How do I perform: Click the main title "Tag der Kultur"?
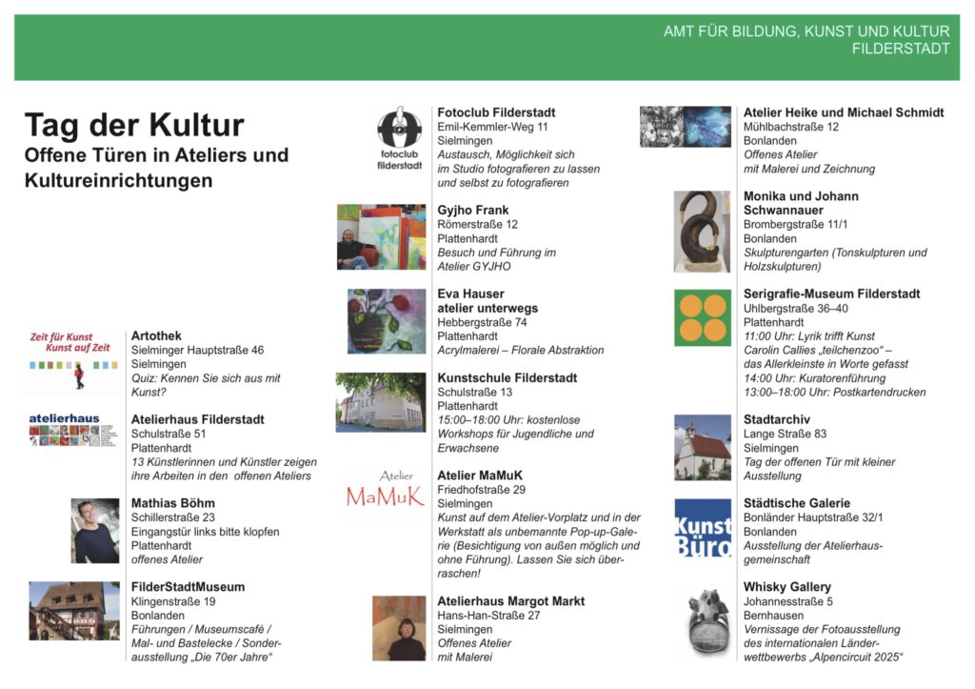pos(134,126)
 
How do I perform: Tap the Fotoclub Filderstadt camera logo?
pos(400,138)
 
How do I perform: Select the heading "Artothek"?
pos(156,336)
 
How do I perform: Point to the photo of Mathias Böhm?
pos(95,531)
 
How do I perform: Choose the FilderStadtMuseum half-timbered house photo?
pos(74,611)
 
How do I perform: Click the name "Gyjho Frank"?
pos(473,210)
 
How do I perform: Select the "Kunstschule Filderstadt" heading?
pos(507,377)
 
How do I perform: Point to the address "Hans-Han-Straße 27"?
pos(488,616)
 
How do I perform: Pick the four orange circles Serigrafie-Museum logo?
pos(703,317)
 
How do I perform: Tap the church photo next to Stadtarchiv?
pos(703,447)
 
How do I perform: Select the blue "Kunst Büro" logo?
pos(703,527)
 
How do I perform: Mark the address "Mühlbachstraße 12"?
pos(791,127)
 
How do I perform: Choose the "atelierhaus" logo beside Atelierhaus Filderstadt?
pos(65,430)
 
